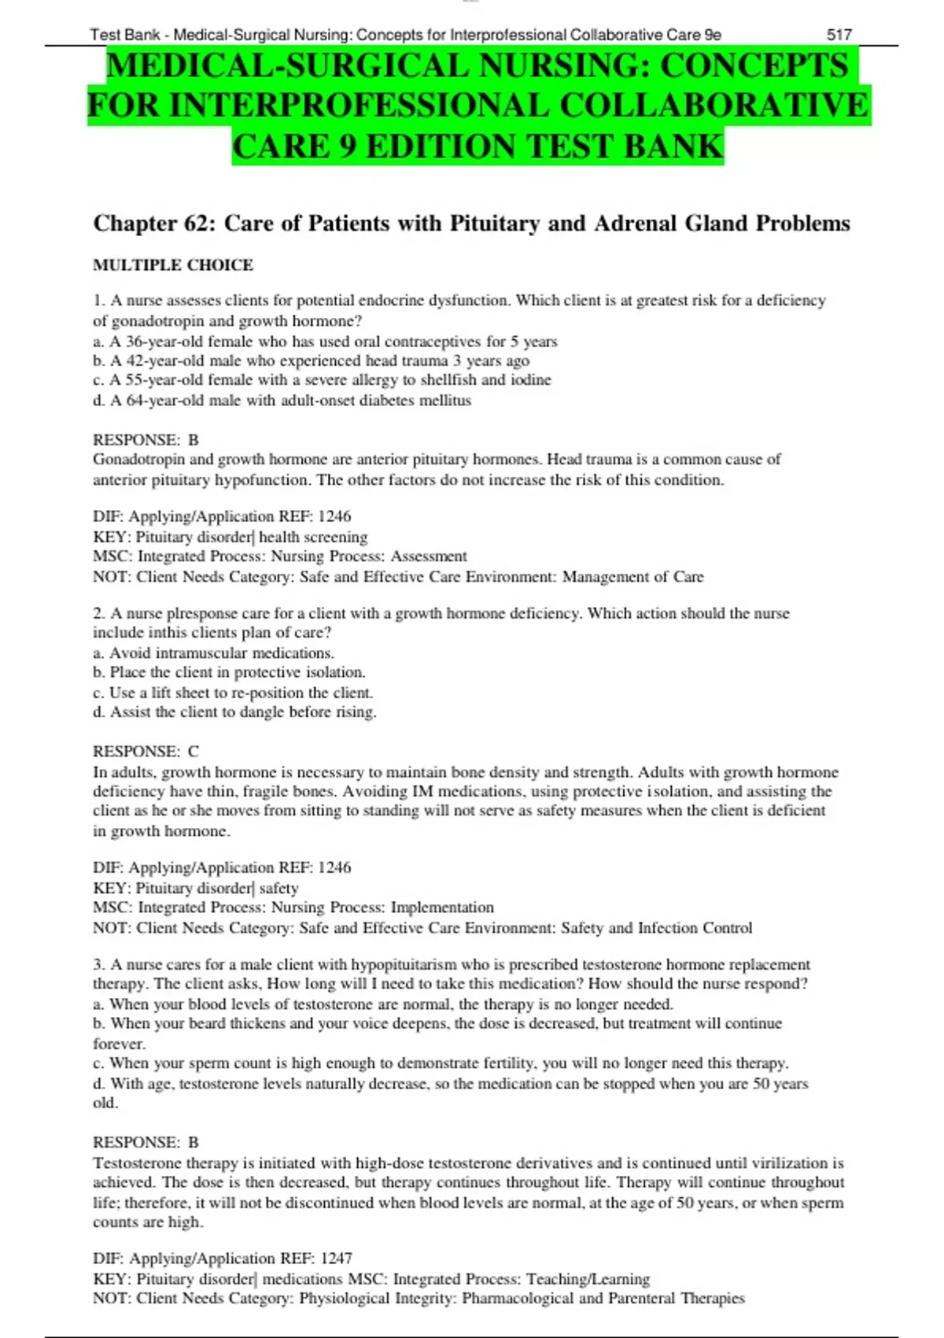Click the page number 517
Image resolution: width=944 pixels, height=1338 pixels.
pyautogui.click(x=839, y=35)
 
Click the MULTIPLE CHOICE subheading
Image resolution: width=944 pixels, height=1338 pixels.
pyautogui.click(x=173, y=265)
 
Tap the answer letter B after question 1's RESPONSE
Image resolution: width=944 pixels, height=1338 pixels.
pyautogui.click(x=194, y=440)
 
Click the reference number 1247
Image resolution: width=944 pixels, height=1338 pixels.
pyautogui.click(x=335, y=1259)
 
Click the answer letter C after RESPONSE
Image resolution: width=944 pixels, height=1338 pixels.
pyautogui.click(x=194, y=752)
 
